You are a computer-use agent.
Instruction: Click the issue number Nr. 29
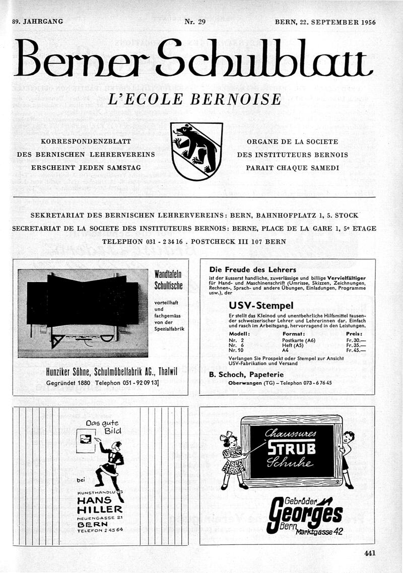[x=195, y=22]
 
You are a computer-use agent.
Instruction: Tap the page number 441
[x=370, y=553]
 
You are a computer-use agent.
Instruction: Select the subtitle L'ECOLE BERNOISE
[x=194, y=99]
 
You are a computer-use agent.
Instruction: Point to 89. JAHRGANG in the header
[x=38, y=22]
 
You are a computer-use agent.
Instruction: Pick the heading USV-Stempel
[x=261, y=306]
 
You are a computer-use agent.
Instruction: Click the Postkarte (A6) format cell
[x=299, y=340]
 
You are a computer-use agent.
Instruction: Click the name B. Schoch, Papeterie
[x=246, y=375]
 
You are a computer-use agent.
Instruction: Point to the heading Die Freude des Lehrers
[x=253, y=270]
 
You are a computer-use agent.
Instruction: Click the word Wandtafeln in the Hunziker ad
[x=168, y=275]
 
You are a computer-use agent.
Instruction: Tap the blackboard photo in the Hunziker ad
[x=83, y=312]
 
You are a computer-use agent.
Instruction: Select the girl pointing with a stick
[x=233, y=460]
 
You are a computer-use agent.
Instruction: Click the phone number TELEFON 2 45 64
[x=100, y=530]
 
